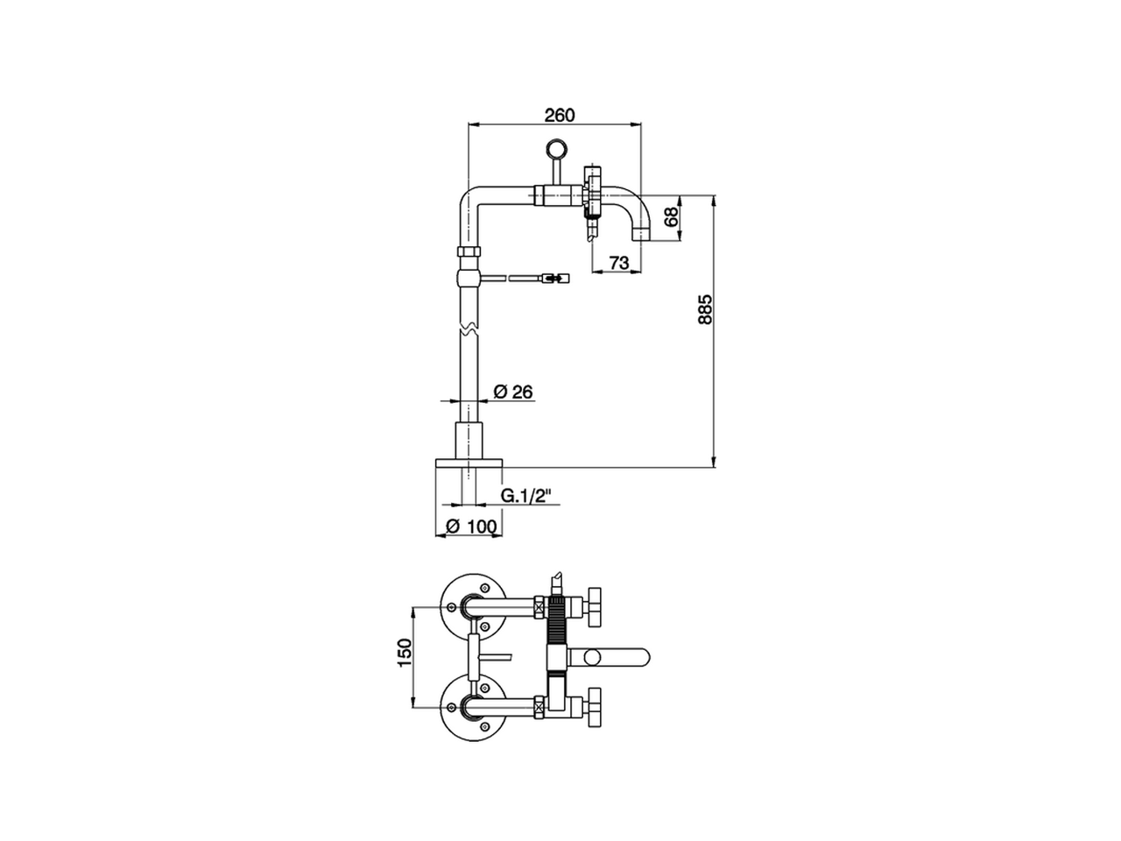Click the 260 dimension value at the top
[x=560, y=115]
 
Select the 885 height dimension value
[x=705, y=309]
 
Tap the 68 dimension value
[x=672, y=216]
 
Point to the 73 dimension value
[x=619, y=262]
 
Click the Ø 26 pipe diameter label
[x=513, y=392]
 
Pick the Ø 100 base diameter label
[x=471, y=526]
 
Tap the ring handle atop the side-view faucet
[x=556, y=150]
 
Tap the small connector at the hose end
[x=554, y=278]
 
